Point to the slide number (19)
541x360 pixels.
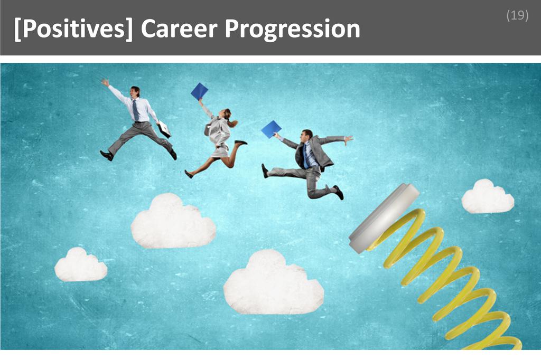[517, 15]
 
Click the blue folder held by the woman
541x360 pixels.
[199, 91]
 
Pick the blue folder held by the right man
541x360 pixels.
[271, 129]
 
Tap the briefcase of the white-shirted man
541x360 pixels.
[164, 128]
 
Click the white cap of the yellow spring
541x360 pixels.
[384, 217]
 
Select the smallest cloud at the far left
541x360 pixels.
[81, 265]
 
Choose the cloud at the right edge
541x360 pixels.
[487, 197]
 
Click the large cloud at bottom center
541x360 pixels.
[273, 283]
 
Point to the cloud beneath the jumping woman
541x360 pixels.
[173, 222]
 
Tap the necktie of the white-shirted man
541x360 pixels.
[136, 110]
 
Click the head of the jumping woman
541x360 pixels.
[227, 113]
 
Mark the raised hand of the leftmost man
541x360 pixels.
[105, 82]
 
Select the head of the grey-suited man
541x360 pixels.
[307, 135]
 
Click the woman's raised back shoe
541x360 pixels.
[241, 142]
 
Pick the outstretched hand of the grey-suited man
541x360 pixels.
[348, 139]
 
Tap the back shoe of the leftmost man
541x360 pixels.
[106, 155]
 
